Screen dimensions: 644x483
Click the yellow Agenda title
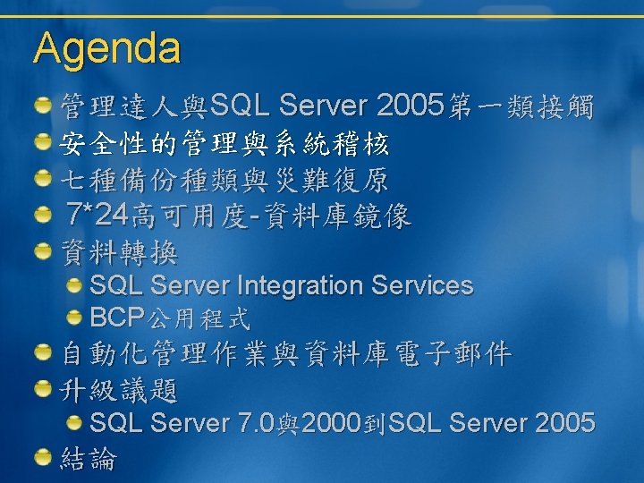coord(106,49)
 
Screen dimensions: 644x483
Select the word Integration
coord(301,286)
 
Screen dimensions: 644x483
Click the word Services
coord(422,285)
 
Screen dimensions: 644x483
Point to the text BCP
coord(117,317)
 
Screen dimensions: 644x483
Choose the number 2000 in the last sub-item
coord(331,422)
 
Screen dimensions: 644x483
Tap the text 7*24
coord(97,214)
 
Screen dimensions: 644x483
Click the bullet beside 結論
coord(43,458)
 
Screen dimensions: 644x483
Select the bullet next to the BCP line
coord(74,318)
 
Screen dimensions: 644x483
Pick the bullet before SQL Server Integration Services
coord(74,286)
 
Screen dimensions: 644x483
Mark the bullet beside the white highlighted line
coord(43,142)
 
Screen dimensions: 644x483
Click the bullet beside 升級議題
coord(43,388)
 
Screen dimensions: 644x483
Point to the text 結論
coord(89,458)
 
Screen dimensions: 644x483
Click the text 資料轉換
coord(119,252)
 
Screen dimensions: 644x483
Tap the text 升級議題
coord(119,390)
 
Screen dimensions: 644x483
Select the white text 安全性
coord(103,143)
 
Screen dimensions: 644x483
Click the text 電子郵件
coord(453,353)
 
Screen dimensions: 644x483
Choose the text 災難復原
coord(330,181)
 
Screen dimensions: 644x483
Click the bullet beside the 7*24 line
coord(43,215)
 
